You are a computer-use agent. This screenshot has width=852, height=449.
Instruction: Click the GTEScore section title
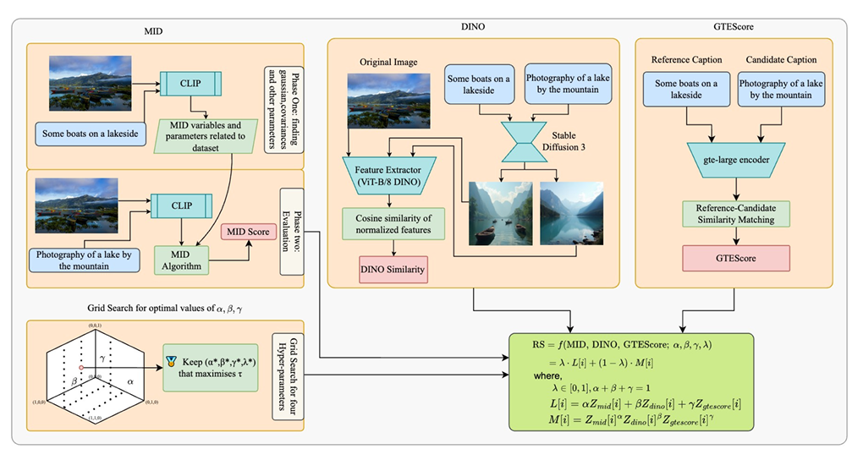732,28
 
